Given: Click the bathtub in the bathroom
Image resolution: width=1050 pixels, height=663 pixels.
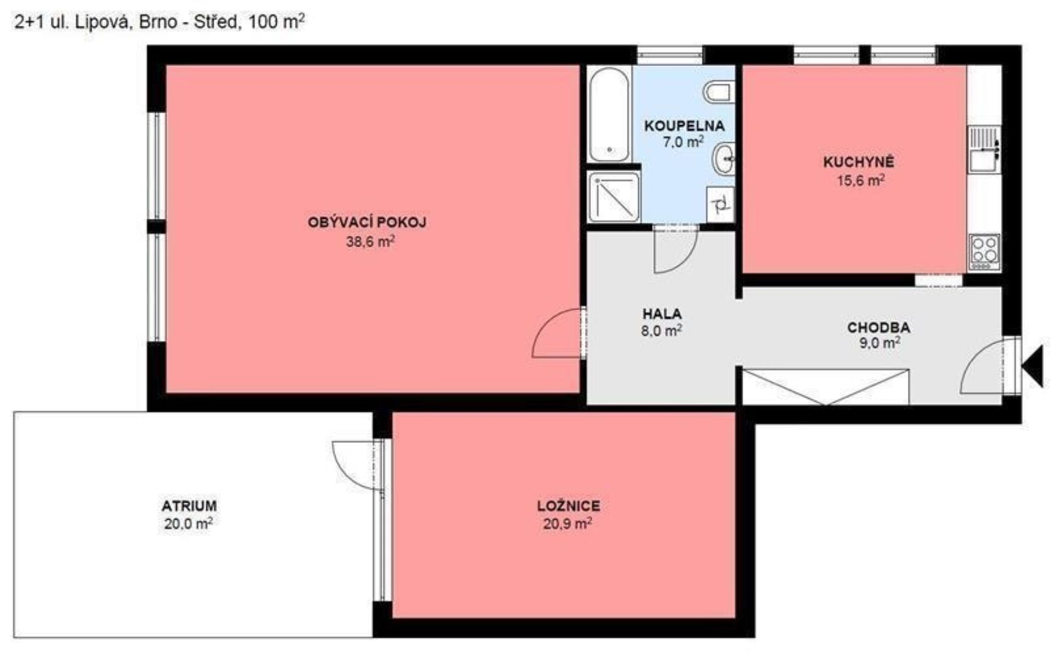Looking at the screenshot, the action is pyautogui.click(x=609, y=114).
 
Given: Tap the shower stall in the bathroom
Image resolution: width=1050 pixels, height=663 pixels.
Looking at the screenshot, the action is pyautogui.click(x=614, y=197).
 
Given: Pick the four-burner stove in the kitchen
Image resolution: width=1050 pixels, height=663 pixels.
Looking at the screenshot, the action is pyautogui.click(x=985, y=252).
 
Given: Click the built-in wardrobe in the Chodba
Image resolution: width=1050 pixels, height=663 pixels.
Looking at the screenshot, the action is pyautogui.click(x=825, y=387).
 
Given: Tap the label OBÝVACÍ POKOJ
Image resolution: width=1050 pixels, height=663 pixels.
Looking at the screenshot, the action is pyautogui.click(x=367, y=223).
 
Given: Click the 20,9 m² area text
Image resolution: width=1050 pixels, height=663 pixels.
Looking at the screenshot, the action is pyautogui.click(x=568, y=524).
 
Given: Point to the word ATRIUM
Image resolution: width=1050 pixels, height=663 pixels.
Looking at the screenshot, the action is pyautogui.click(x=189, y=505).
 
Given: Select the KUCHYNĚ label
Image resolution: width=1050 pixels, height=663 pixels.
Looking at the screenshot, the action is pyautogui.click(x=859, y=162).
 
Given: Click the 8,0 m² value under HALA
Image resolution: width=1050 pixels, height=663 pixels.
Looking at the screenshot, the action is pyautogui.click(x=662, y=330).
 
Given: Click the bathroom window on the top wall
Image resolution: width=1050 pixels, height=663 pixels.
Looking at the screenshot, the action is pyautogui.click(x=670, y=55).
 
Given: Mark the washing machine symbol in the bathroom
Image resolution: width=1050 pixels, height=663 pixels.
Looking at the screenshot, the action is pyautogui.click(x=720, y=205).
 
